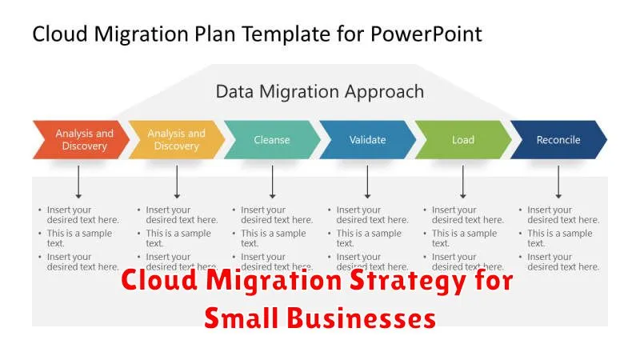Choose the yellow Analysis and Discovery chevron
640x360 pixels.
pos(176,140)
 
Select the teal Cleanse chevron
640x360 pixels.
pos(272,140)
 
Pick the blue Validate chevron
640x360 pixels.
pos(367,140)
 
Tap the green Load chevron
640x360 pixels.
pos(463,140)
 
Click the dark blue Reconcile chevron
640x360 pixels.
pos(558,140)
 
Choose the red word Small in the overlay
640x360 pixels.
pos(238,318)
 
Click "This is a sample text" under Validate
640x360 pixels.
pos(369,238)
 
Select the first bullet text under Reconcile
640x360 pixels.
pos(562,214)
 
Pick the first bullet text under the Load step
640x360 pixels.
pos(467,214)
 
